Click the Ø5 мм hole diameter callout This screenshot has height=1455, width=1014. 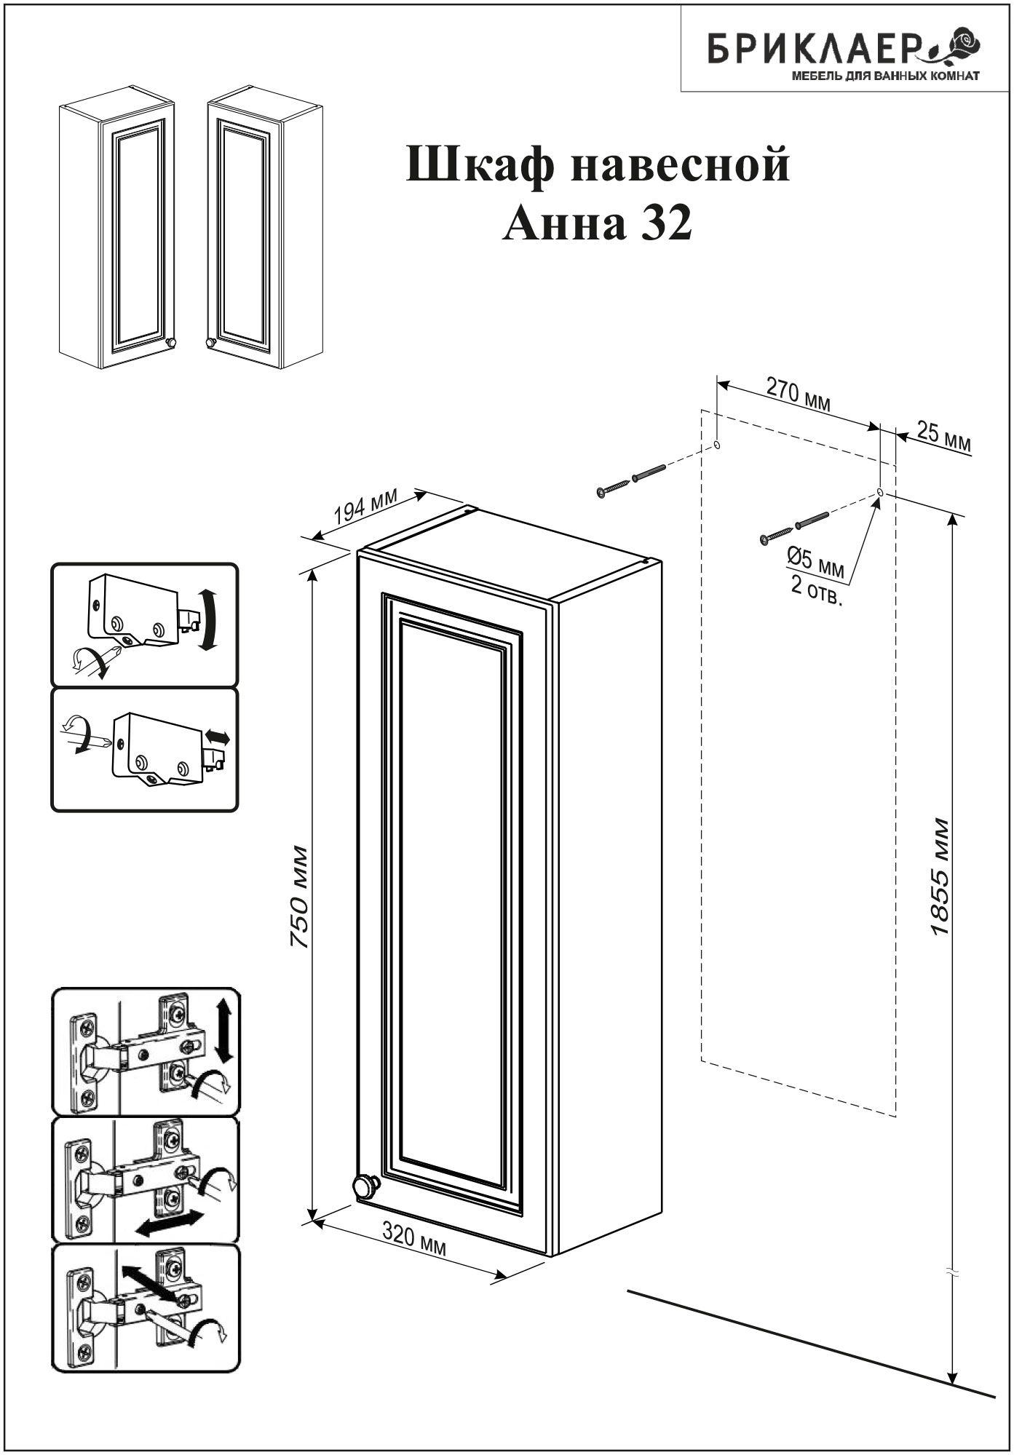815,563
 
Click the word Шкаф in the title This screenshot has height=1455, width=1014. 478,164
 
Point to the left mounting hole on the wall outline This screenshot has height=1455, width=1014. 717,445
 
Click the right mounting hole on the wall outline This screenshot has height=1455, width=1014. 880,493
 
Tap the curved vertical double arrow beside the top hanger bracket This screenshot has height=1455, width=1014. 207,621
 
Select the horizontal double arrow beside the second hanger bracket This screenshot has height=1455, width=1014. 217,738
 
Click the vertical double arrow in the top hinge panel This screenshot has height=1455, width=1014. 223,1030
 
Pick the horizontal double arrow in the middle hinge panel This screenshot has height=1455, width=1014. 167,1223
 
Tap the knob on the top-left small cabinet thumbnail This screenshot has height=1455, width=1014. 172,343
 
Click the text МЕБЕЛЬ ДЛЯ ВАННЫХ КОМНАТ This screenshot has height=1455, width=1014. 885,75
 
